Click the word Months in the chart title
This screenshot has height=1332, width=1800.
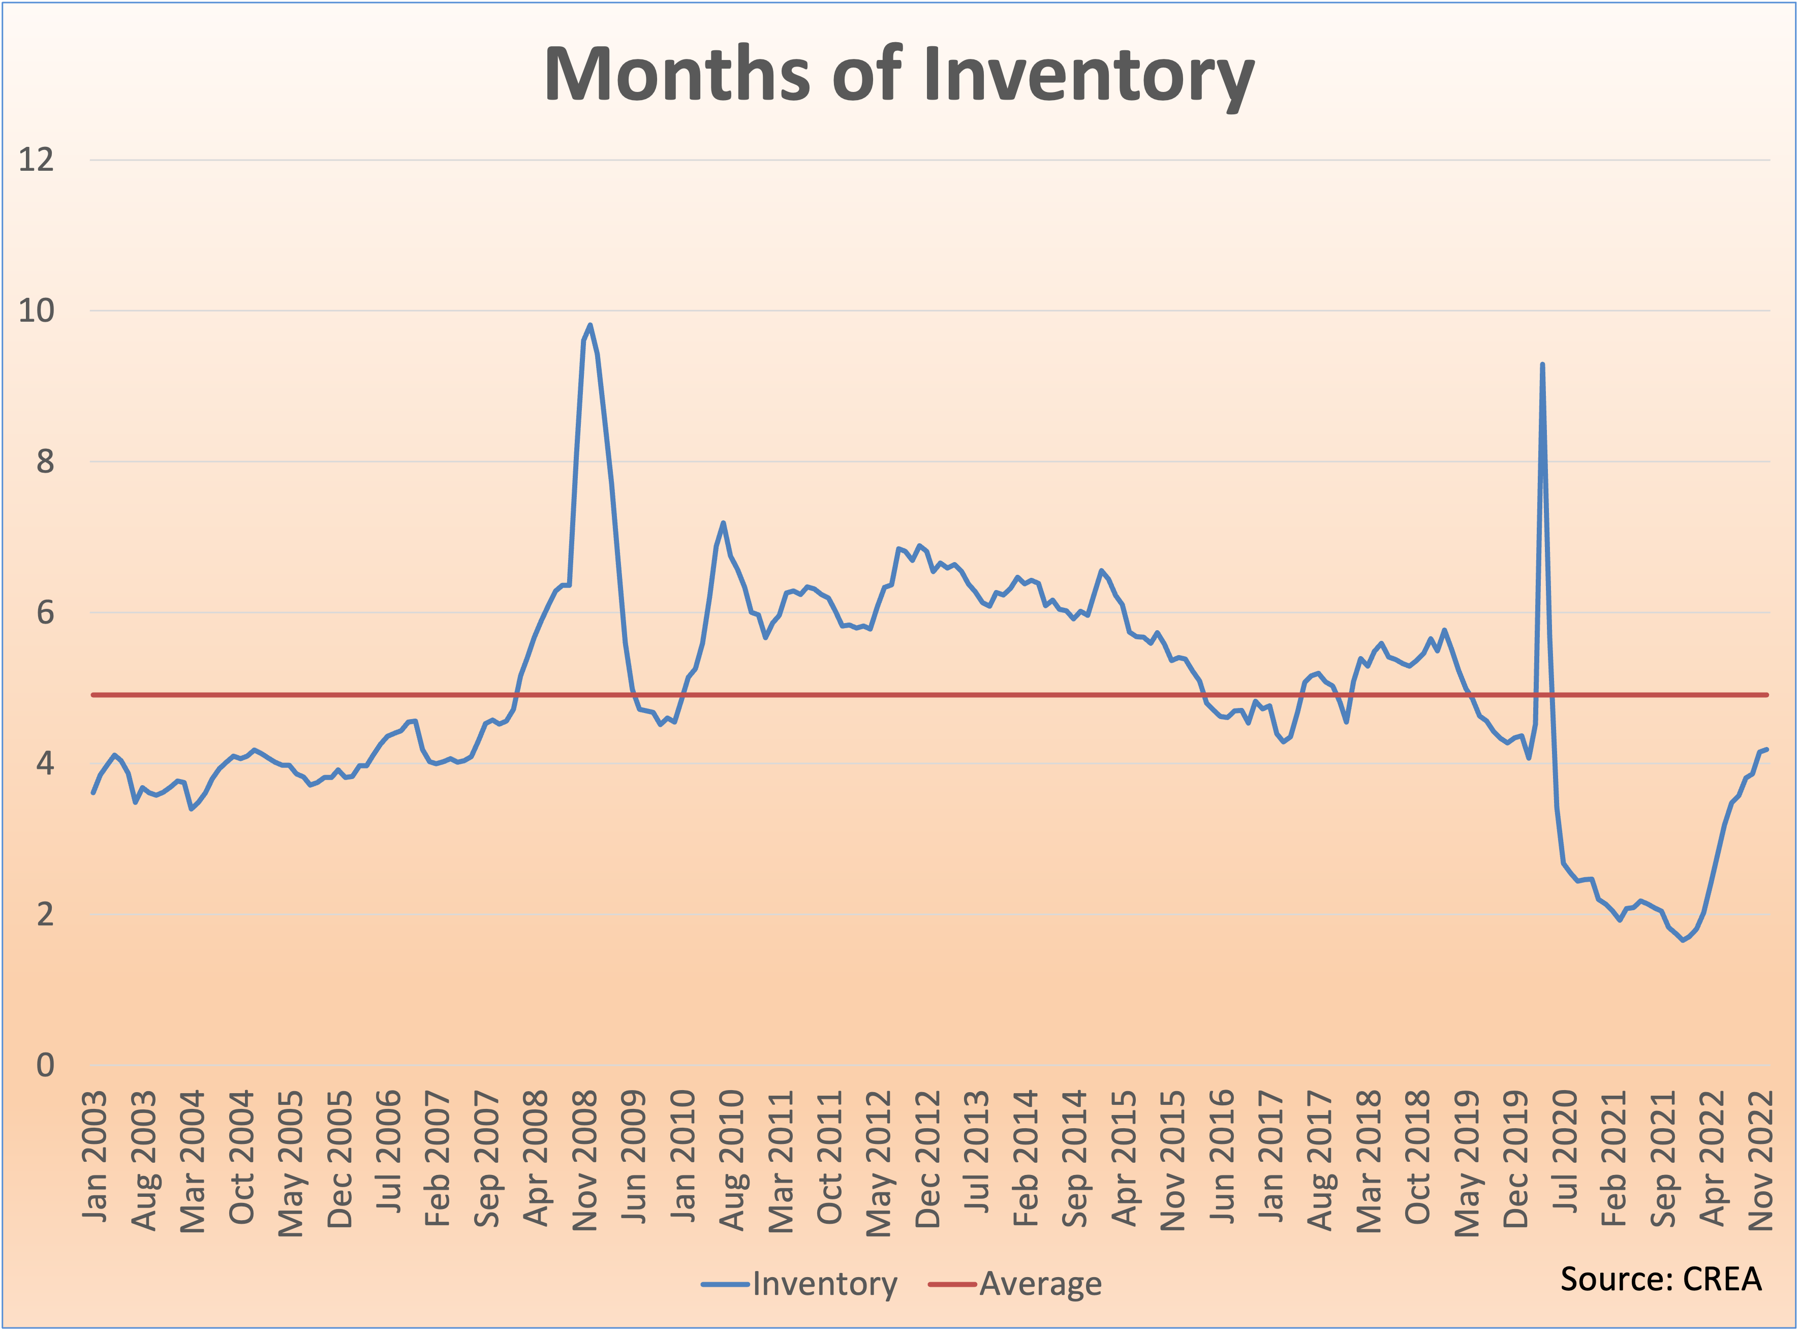coord(677,75)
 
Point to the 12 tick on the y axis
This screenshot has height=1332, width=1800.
coord(36,160)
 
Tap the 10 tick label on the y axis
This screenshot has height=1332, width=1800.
coord(36,311)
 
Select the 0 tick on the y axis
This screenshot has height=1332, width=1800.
coord(45,1065)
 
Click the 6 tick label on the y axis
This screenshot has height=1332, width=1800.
coord(45,613)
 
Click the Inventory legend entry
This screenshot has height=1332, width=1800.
coord(824,1284)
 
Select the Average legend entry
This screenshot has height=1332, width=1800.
coord(1040,1284)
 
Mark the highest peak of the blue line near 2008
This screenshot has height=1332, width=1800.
coord(590,325)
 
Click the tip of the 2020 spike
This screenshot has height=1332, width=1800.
coord(1542,364)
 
